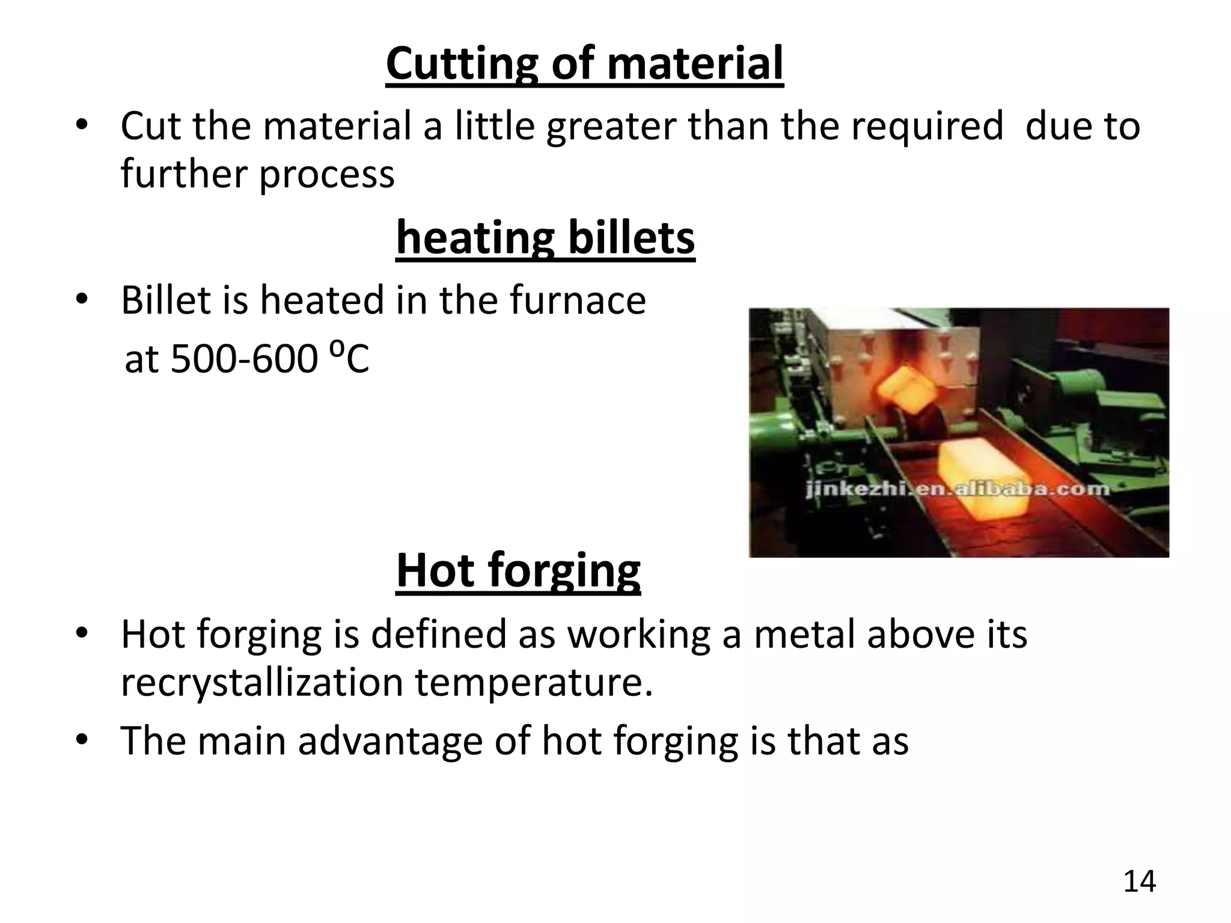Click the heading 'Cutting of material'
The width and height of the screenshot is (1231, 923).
click(584, 64)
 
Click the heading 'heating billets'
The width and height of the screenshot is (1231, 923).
click(545, 238)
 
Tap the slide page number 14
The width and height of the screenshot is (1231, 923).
click(1139, 882)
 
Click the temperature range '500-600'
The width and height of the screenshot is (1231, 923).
click(243, 359)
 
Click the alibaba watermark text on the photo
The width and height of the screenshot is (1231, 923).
click(957, 489)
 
